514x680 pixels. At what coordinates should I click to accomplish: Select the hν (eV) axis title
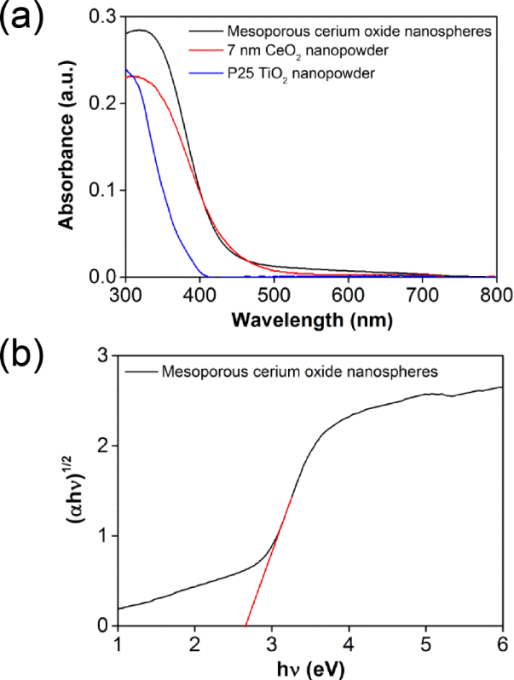pos(309,665)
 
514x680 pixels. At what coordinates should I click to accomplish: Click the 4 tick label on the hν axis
pos(349,643)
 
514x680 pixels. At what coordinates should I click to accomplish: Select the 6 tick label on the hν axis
pos(503,643)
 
